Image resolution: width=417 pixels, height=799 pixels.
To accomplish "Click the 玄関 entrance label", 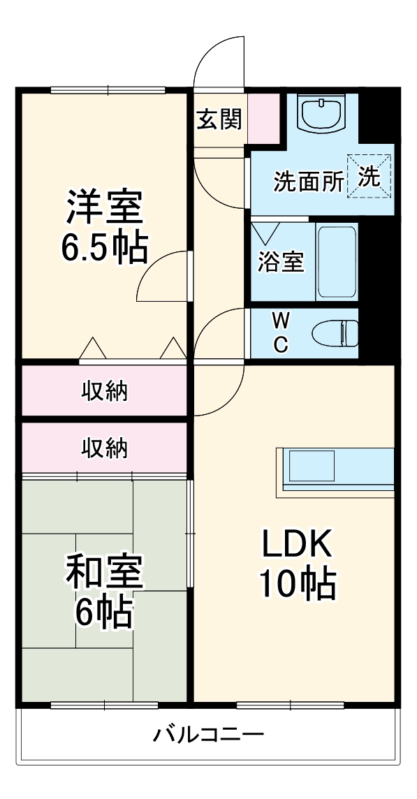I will click(219, 119).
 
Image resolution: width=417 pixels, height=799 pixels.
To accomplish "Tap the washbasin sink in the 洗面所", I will click(322, 113).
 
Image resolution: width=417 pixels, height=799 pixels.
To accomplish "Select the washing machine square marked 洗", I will click(370, 177).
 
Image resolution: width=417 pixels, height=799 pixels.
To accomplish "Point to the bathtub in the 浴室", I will click(337, 262).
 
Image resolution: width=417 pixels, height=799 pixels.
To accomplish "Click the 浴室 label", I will click(281, 263).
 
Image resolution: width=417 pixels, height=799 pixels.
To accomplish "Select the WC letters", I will click(280, 332).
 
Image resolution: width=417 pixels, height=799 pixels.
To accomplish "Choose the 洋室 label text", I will click(105, 205).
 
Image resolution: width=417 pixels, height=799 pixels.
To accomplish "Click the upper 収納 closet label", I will click(105, 391).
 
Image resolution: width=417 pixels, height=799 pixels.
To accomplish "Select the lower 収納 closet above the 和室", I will click(105, 447).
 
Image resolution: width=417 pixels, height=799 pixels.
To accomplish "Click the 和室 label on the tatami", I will click(105, 571).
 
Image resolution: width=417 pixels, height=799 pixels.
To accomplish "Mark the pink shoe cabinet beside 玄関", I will click(263, 118).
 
